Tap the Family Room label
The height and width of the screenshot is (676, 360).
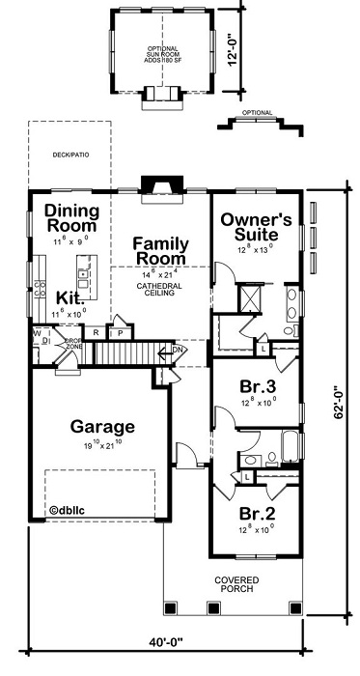coord(159,250)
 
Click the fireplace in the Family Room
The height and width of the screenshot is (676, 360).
coord(155,184)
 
